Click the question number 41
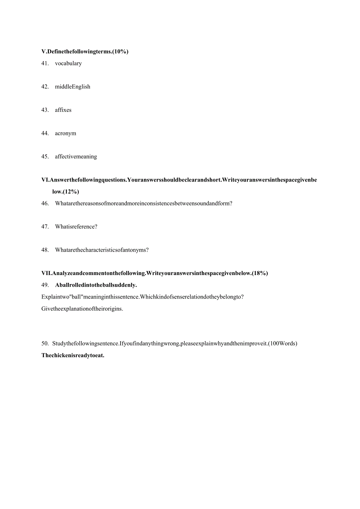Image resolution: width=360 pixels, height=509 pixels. tap(45, 63)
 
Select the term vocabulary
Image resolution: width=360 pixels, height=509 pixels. tap(68, 63)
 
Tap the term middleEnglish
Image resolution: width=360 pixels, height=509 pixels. tap(72, 87)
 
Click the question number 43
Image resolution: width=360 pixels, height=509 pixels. tap(45, 110)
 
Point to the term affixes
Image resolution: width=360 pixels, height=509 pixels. tap(63, 110)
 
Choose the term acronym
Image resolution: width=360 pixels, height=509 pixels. tap(65, 133)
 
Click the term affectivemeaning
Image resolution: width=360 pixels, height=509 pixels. tap(76, 156)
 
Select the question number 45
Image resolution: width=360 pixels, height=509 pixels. tap(45, 156)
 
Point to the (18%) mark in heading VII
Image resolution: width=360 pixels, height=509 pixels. tap(260, 273)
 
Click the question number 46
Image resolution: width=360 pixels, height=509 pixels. tap(45, 203)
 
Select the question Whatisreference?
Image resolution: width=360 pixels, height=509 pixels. tap(76, 227)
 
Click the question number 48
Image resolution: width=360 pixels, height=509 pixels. tap(45, 250)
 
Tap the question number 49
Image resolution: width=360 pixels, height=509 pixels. tap(45, 285)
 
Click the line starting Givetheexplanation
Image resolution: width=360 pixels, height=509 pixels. tap(82, 308)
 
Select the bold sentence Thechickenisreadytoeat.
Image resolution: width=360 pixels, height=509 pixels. tap(73, 356)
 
